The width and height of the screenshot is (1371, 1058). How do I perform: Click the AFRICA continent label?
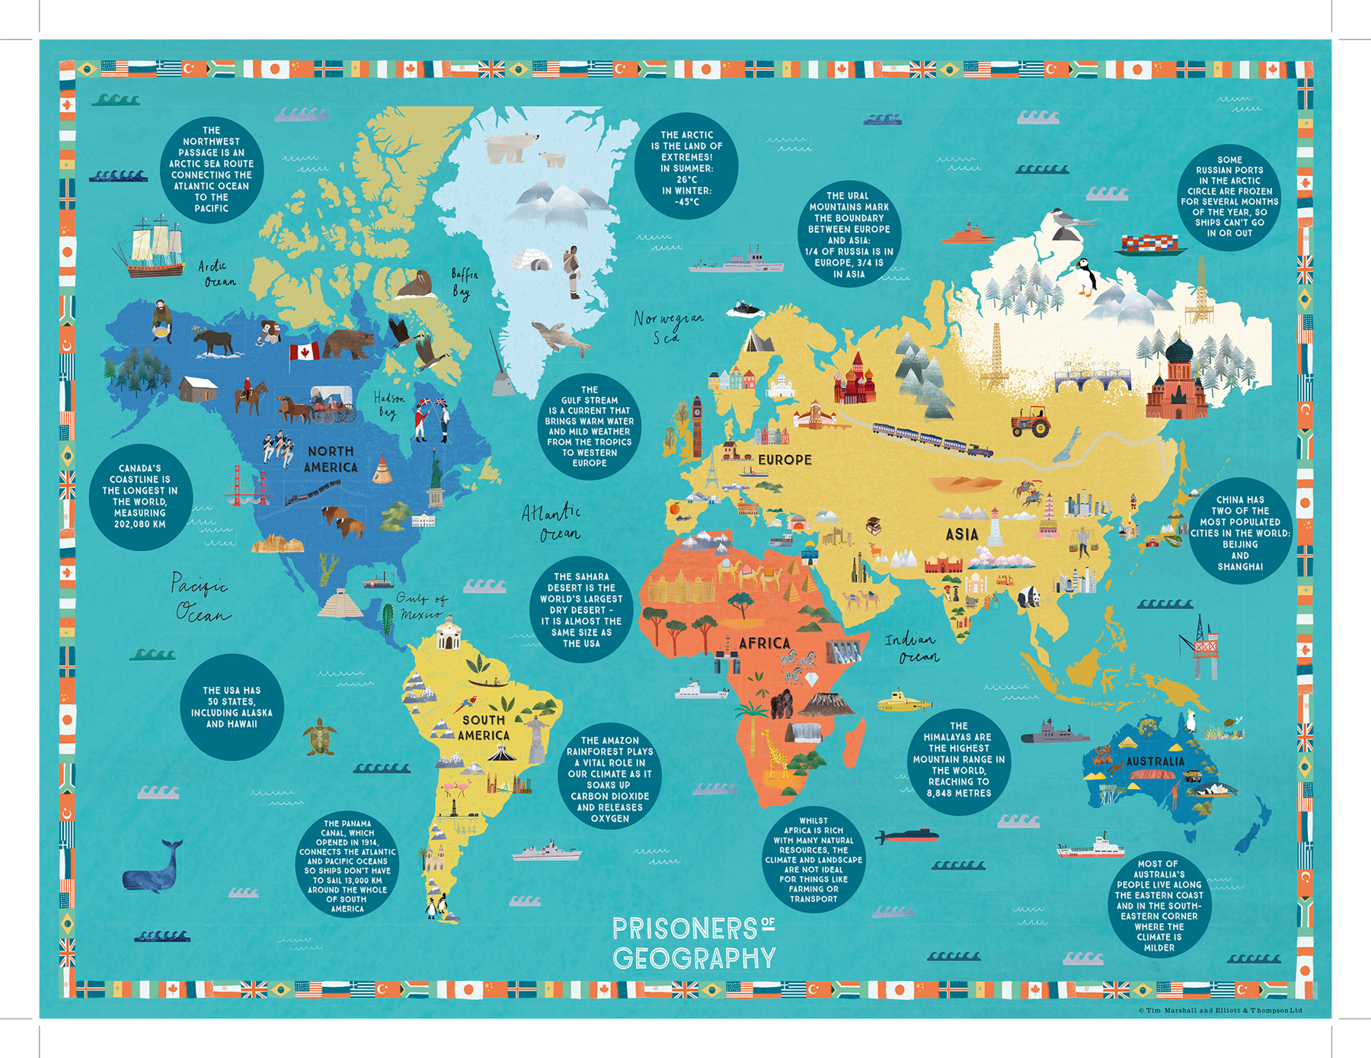[764, 643]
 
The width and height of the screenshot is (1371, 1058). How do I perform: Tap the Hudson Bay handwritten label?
[388, 405]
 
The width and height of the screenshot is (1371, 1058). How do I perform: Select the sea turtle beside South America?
[321, 736]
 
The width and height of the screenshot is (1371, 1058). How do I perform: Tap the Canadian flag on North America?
[304, 352]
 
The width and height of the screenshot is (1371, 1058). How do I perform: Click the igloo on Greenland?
[531, 260]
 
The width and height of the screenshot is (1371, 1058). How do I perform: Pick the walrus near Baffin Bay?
[414, 288]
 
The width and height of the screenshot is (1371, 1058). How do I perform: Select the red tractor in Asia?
[1031, 421]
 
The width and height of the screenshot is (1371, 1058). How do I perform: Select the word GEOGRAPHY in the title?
[693, 958]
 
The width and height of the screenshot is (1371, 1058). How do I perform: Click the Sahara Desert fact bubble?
[581, 610]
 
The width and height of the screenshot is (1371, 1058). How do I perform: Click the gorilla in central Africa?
[781, 704]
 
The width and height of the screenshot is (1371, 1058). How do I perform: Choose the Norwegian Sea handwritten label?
[667, 326]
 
